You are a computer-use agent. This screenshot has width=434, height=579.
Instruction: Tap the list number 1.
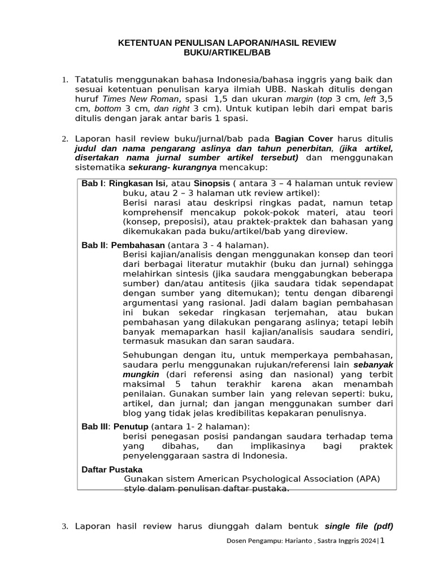(x=64, y=80)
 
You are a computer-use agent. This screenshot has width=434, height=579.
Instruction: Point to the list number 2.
(x=64, y=139)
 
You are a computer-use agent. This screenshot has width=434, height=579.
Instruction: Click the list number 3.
(x=64, y=527)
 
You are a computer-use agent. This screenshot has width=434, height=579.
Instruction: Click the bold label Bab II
(x=94, y=245)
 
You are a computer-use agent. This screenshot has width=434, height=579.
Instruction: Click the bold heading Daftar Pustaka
(x=112, y=469)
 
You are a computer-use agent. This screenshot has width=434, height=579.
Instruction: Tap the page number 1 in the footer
(x=382, y=541)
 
